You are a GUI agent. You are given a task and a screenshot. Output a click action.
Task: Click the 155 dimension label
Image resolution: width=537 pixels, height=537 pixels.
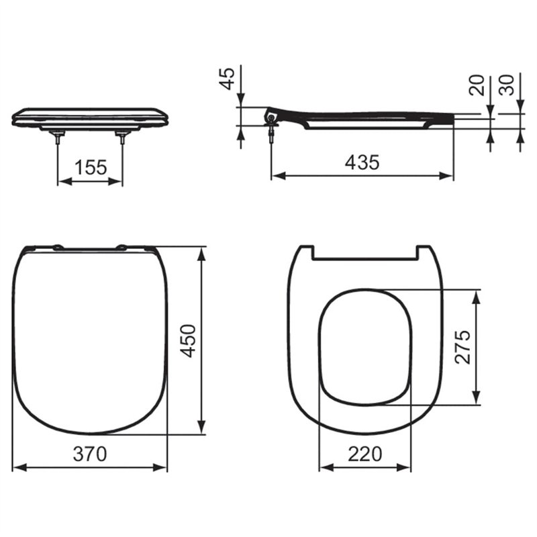coord(91,167)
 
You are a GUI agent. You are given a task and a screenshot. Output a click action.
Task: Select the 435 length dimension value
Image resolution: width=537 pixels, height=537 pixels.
coord(362,162)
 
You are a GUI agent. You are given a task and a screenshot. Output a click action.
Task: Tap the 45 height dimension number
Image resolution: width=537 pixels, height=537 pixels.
coord(229,78)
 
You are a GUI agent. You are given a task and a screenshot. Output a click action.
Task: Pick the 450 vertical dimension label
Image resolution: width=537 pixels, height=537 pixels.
coord(189,340)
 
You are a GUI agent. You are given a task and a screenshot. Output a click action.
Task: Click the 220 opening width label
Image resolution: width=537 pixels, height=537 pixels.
coord(364,454)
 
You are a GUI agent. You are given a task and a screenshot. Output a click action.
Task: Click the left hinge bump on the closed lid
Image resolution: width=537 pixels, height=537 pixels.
coord(58,247)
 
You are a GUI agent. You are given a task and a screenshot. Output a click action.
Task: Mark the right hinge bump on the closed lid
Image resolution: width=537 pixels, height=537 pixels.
coord(122,247)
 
